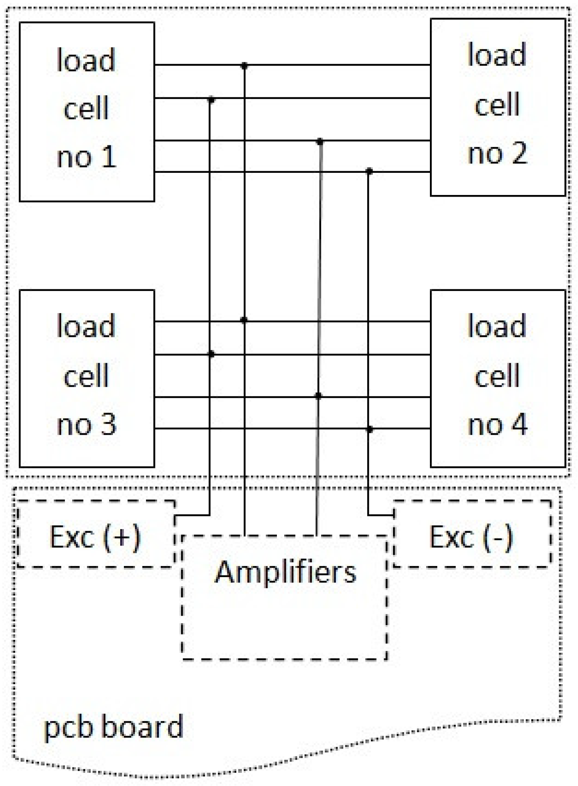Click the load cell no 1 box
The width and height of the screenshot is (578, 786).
tap(87, 112)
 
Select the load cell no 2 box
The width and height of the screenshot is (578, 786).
tap(498, 107)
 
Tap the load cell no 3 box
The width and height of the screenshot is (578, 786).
tap(87, 378)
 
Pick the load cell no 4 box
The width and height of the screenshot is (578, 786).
tap(498, 378)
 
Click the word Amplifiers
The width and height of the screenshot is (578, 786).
tap(286, 572)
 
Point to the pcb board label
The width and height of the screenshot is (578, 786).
tap(113, 727)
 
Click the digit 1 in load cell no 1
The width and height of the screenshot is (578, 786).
tap(109, 157)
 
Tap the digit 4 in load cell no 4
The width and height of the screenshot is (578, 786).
tap(519, 424)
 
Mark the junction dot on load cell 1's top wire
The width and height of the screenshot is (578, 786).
tap(244, 65)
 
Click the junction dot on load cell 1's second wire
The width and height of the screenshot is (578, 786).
tap(211, 99)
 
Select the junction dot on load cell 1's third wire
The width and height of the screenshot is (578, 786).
tap(320, 142)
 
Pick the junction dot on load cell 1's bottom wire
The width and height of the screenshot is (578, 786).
tap(369, 171)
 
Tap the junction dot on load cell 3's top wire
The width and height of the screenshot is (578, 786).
tap(244, 320)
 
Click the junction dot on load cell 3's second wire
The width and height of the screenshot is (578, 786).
tap(211, 354)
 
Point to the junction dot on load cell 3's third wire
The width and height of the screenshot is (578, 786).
tap(318, 396)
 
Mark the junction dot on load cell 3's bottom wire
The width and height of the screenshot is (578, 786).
tap(369, 429)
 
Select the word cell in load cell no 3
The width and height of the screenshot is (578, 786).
tap(86, 375)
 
